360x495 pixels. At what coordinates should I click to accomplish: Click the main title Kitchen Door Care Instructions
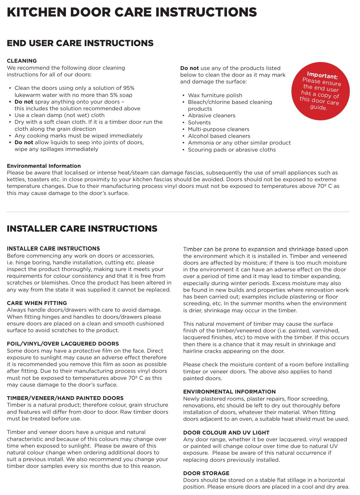132,12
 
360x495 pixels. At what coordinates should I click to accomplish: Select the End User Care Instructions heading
80,43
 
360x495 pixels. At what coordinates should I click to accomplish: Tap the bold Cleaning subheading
22,61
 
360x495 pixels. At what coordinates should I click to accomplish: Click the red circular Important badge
320,91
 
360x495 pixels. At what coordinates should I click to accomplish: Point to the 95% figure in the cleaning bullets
128,88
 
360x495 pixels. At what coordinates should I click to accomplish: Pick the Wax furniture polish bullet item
215,95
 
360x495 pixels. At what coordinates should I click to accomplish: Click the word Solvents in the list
199,123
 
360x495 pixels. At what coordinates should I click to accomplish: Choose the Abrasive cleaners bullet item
212,116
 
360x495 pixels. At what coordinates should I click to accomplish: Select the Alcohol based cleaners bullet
219,136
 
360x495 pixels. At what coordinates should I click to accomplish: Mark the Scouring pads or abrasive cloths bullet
232,150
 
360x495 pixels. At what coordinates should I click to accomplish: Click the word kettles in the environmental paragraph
15,179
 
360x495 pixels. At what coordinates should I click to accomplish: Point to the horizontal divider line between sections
178,212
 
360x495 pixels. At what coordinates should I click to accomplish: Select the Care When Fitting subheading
37,303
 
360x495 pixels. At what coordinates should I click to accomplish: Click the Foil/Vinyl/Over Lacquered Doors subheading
63,344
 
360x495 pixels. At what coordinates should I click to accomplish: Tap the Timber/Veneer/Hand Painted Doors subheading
65,398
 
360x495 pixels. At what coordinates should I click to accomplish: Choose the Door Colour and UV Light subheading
226,433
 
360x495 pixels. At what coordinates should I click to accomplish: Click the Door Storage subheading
206,473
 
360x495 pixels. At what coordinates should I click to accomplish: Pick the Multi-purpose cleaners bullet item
219,129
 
